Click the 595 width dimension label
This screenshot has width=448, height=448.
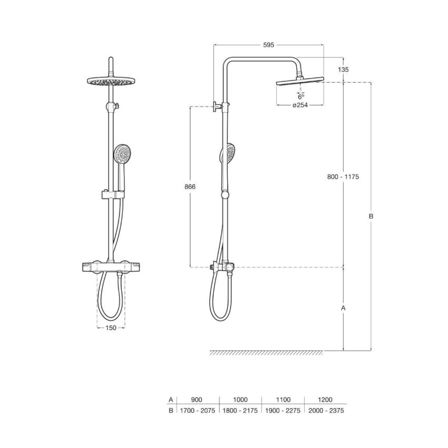(x=268, y=45)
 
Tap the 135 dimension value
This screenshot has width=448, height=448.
(x=343, y=70)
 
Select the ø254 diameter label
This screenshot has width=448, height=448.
(x=300, y=105)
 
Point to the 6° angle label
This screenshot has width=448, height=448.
(x=301, y=96)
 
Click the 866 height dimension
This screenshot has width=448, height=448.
(x=190, y=187)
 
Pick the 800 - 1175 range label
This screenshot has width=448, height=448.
(x=343, y=177)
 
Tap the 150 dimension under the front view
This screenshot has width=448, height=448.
(x=111, y=328)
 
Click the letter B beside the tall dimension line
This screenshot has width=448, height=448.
(x=371, y=216)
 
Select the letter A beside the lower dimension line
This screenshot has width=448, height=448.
(x=344, y=308)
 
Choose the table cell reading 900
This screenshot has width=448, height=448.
(x=196, y=400)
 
